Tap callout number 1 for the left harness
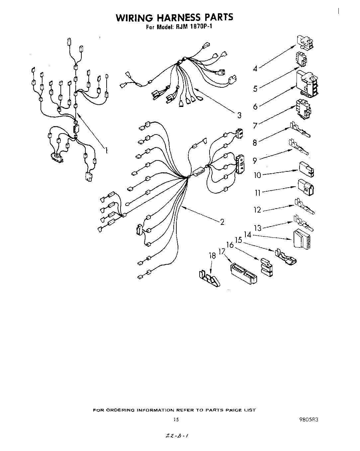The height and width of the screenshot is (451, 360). pyautogui.click(x=106, y=151)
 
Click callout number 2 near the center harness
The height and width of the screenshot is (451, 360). pyautogui.click(x=222, y=222)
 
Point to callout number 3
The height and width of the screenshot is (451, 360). pyautogui.click(x=239, y=115)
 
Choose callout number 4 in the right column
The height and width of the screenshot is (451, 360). pyautogui.click(x=255, y=69)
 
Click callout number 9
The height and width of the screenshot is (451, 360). pyautogui.click(x=255, y=160)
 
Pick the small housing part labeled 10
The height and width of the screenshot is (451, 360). pyautogui.click(x=307, y=168)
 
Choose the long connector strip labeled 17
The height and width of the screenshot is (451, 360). pyautogui.click(x=243, y=273)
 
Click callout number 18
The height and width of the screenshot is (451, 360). pyautogui.click(x=212, y=256)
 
